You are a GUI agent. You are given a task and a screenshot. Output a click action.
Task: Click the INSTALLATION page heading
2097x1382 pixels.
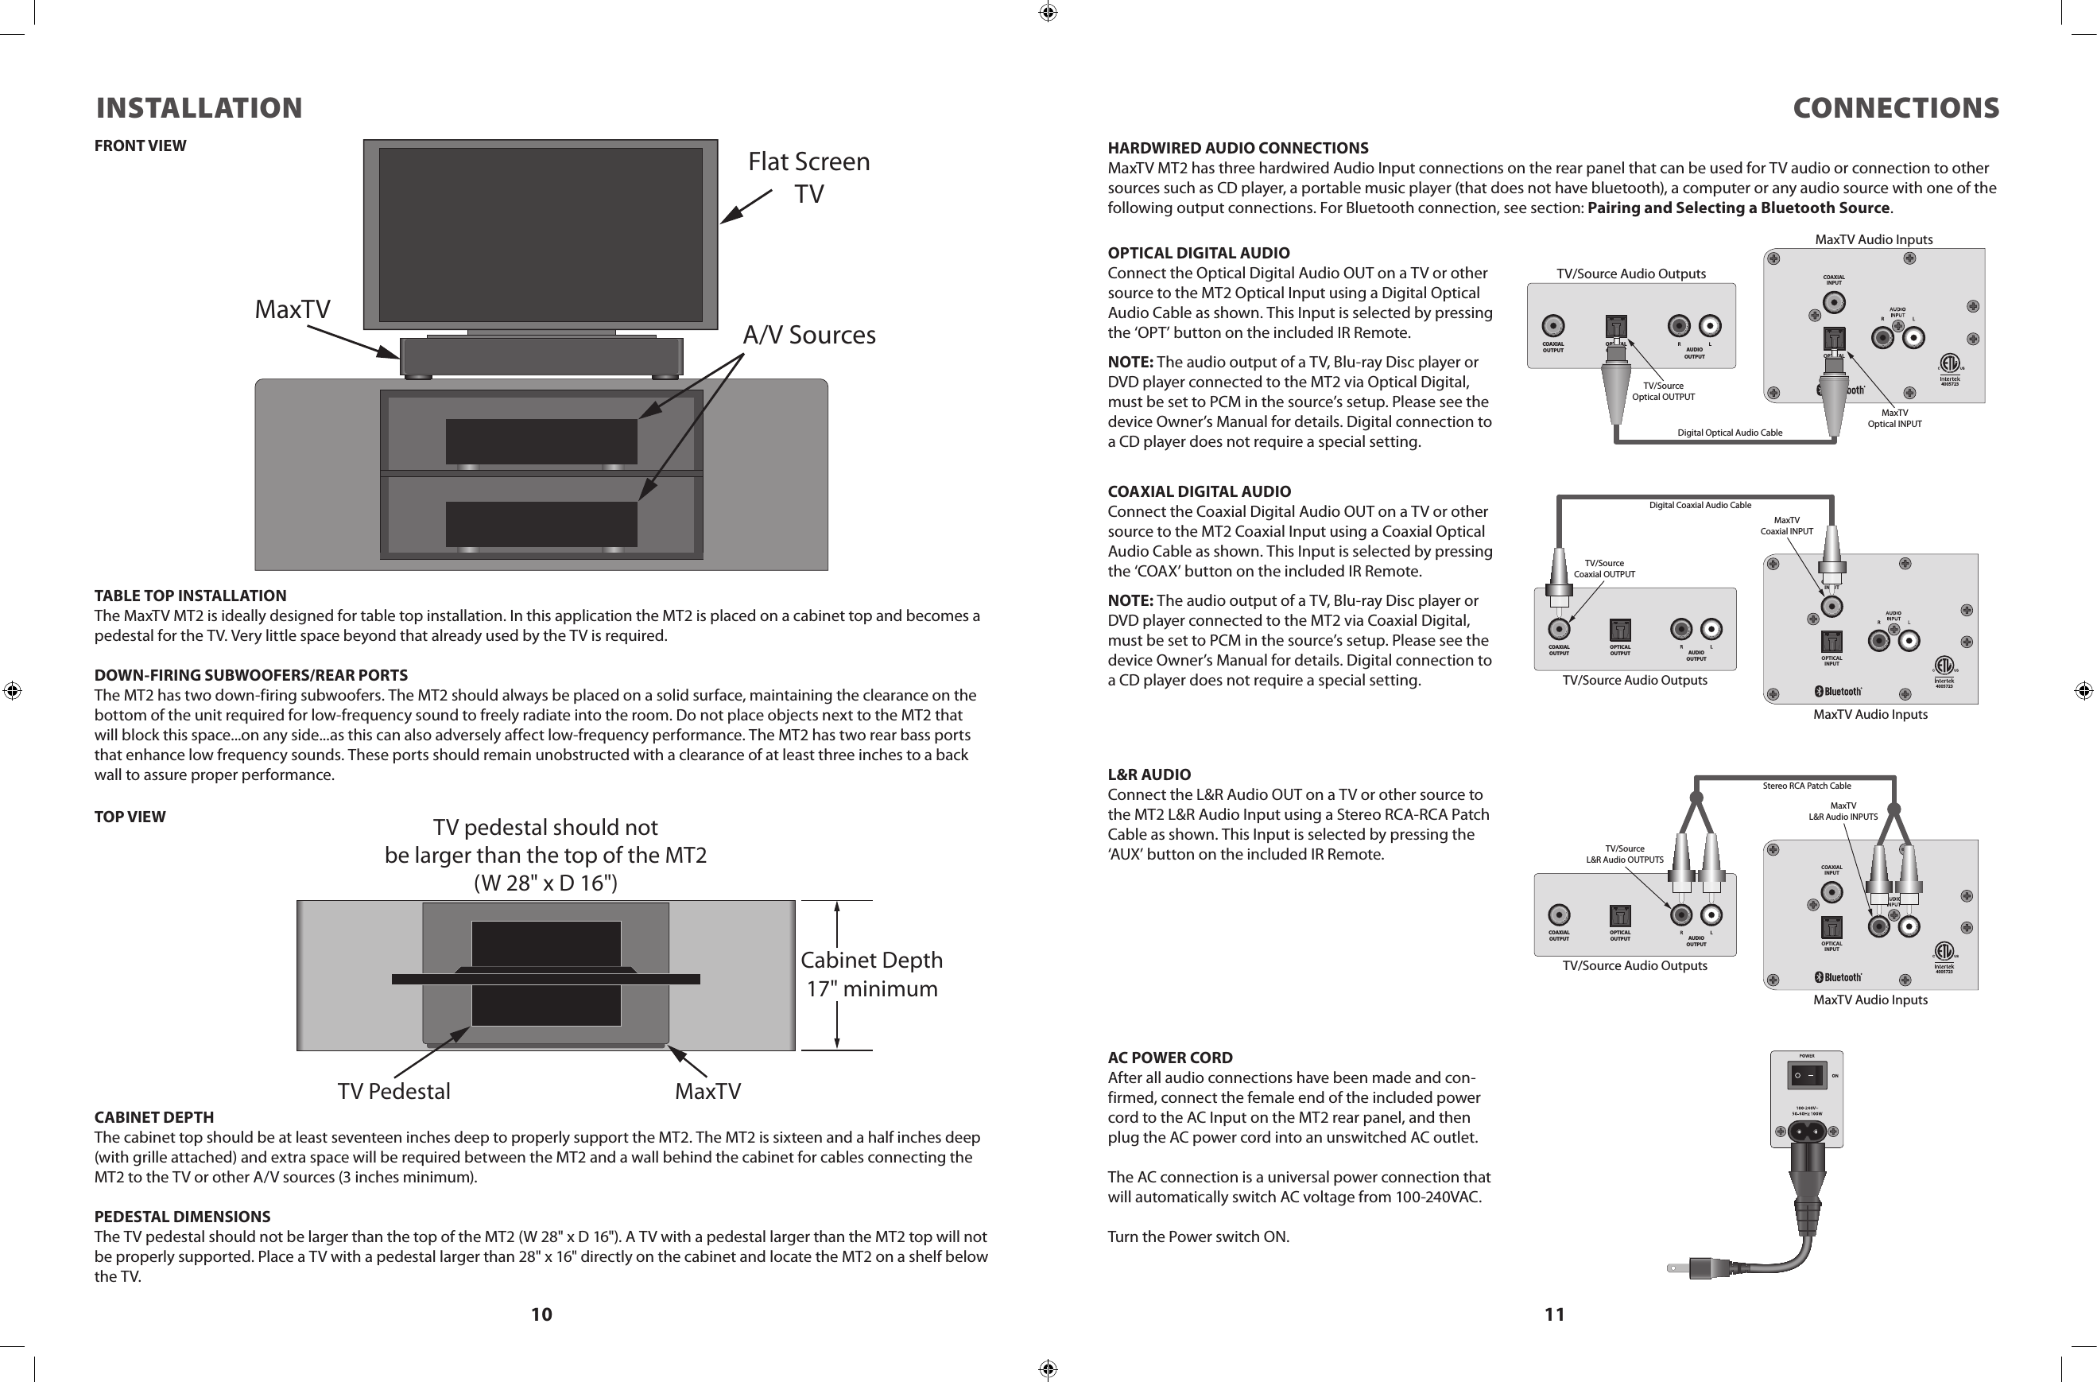[199, 108]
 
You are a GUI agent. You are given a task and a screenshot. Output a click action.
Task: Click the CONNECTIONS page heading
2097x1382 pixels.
[1895, 108]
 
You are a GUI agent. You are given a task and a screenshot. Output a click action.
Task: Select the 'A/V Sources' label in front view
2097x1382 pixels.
[809, 335]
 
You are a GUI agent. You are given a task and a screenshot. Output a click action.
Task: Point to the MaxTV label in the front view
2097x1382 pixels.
[293, 309]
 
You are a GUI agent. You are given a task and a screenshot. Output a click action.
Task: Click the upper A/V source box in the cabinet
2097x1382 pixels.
[541, 441]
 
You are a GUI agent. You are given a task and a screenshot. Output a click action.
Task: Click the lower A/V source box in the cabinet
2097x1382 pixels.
[541, 523]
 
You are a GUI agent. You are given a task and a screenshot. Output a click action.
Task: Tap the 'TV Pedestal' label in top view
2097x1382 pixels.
[393, 1091]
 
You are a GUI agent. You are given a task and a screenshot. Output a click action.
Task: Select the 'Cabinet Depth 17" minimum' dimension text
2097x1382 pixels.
[871, 974]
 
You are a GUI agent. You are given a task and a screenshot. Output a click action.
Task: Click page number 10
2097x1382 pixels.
[541, 1314]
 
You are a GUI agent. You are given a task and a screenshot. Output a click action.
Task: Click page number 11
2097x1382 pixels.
[1554, 1314]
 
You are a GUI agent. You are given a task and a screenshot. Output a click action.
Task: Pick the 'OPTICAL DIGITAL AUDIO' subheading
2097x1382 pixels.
[1198, 253]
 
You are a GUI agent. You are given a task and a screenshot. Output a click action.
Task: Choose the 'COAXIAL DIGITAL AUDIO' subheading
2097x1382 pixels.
[1200, 491]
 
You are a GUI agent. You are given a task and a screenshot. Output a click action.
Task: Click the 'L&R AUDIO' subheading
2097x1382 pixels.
[1149, 774]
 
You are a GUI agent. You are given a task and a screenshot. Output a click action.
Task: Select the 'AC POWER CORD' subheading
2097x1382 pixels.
[1170, 1058]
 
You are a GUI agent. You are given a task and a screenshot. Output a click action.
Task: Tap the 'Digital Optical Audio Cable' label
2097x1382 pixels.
[1729, 433]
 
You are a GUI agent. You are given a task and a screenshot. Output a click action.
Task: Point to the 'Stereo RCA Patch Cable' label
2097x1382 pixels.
[1806, 786]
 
